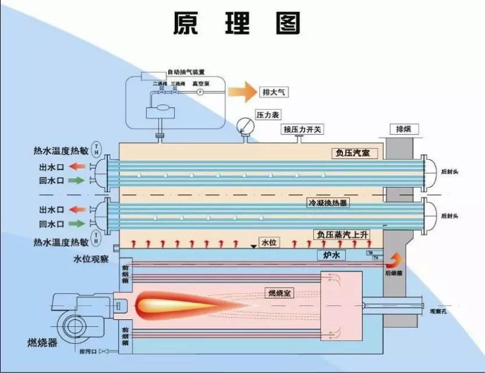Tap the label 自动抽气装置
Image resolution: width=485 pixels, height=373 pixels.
click(185, 72)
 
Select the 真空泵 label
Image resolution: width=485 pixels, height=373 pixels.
click(199, 83)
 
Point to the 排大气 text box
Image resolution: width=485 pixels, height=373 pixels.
click(275, 92)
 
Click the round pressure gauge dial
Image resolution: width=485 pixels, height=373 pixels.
click(245, 125)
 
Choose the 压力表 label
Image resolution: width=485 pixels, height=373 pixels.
click(268, 115)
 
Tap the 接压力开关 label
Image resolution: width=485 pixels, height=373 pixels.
click(302, 129)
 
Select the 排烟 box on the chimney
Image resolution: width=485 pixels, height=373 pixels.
click(403, 129)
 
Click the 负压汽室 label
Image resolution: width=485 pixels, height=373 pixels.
click(354, 153)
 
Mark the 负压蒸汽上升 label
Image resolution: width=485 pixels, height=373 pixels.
click(342, 234)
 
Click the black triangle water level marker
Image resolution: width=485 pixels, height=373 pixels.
click(253, 247)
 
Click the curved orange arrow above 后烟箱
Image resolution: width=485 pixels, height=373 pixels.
click(396, 258)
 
